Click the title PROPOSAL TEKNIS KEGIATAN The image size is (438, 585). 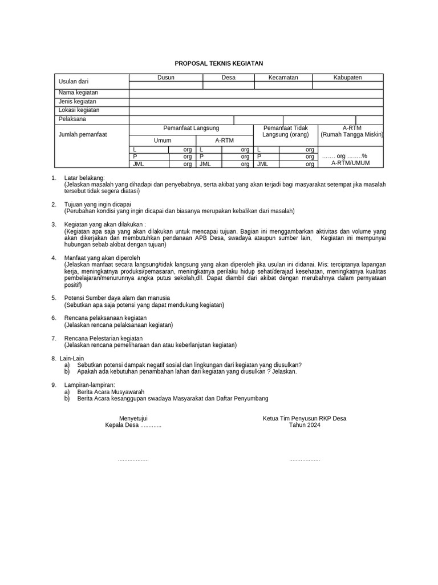click(219, 64)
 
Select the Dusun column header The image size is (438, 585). click(166, 78)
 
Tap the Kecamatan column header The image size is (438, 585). click(283, 78)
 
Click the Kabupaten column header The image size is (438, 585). click(348, 78)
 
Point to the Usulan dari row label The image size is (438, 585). click(74, 82)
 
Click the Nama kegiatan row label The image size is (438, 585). click(79, 93)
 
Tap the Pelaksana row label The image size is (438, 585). click(72, 119)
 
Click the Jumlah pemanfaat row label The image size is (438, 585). click(83, 135)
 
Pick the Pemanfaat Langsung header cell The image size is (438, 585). click(191, 129)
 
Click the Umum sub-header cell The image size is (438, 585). click(163, 141)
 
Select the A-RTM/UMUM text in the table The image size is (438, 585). click(351, 163)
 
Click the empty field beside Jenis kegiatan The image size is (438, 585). click(256, 102)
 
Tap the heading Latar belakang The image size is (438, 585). click(90, 179)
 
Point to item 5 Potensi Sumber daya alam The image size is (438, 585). click(117, 298)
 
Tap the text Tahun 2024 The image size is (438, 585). click(305, 425)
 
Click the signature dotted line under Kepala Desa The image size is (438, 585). click(133, 459)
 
